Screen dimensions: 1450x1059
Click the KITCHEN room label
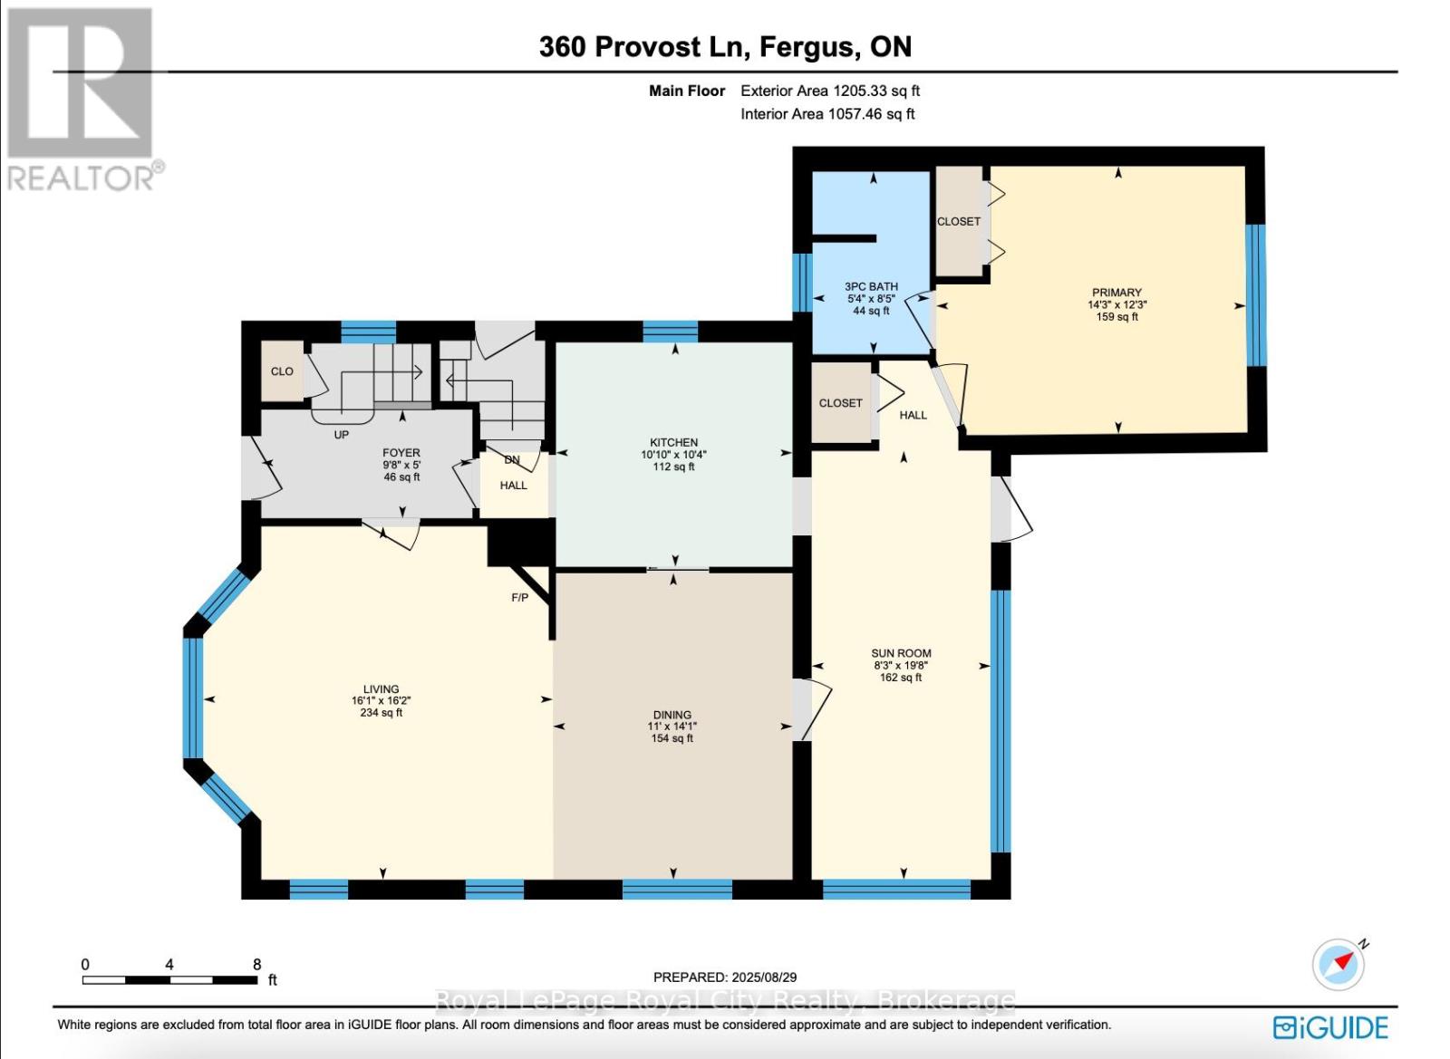point(674,442)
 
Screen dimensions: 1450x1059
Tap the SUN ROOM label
point(901,653)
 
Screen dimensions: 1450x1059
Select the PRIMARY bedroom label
point(1116,293)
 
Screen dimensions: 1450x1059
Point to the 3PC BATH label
point(871,286)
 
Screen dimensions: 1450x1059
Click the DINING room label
point(672,715)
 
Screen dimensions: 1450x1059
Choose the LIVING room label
point(382,689)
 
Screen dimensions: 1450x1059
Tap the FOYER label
point(401,453)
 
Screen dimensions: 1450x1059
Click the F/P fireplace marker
point(520,598)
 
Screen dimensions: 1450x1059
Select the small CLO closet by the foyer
point(282,371)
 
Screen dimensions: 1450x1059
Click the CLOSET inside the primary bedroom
point(959,221)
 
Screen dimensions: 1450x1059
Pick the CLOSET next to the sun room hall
point(840,403)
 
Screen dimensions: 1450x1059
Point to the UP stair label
point(341,435)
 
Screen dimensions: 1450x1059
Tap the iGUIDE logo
point(1330,1027)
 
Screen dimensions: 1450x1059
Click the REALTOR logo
point(82,100)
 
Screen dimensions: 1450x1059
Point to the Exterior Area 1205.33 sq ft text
point(830,91)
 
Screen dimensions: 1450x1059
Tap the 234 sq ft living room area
point(382,712)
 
